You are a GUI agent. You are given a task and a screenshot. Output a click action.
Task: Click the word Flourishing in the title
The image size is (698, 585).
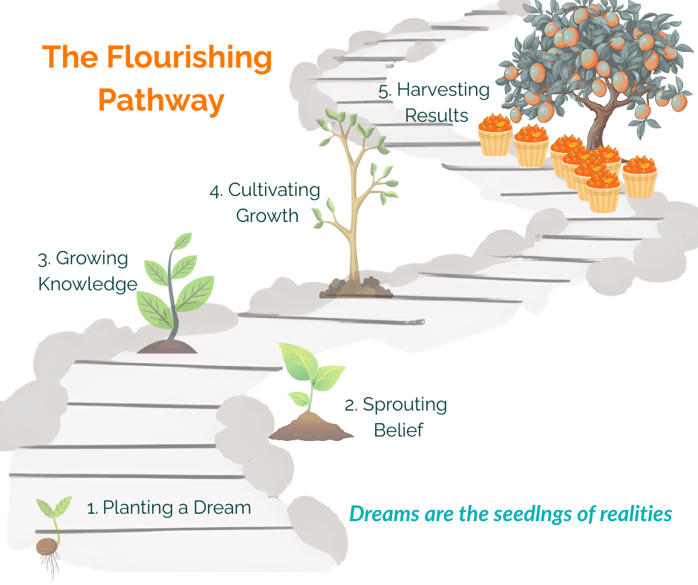189,58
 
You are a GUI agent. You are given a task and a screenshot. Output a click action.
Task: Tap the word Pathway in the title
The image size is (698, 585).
161,101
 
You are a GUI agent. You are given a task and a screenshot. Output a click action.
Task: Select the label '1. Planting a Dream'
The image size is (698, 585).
169,508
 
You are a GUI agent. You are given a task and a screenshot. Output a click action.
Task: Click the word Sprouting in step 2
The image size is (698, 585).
405,405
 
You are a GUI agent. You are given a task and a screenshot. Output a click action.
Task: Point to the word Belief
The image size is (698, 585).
399,430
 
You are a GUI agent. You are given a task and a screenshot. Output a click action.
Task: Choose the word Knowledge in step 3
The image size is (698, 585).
88,284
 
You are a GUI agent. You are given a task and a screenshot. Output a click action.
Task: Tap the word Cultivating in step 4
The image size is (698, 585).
274,190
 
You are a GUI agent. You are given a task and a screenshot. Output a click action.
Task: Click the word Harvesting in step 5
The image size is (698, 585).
443,91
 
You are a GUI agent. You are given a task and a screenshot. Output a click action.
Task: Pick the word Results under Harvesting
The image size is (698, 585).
437,115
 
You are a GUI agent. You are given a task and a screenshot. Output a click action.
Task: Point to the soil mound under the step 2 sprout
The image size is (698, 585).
311,427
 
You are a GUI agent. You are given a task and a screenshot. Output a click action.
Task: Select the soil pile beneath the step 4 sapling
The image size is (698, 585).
356,288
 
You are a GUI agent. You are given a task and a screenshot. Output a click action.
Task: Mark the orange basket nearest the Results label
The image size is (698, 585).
495,136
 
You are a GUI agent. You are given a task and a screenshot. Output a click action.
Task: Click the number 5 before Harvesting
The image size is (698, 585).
383,91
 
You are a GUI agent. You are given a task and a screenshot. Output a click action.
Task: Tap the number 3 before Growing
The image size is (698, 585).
42,260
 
